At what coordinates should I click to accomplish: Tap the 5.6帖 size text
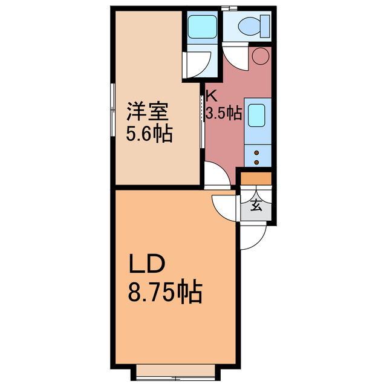[149, 133]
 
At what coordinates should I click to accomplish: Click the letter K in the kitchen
[211, 95]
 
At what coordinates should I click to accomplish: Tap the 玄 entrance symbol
[256, 205]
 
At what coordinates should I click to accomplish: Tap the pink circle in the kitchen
[260, 56]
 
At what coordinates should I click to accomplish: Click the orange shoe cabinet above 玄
[256, 178]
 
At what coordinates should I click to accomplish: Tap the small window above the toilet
[229, 8]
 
